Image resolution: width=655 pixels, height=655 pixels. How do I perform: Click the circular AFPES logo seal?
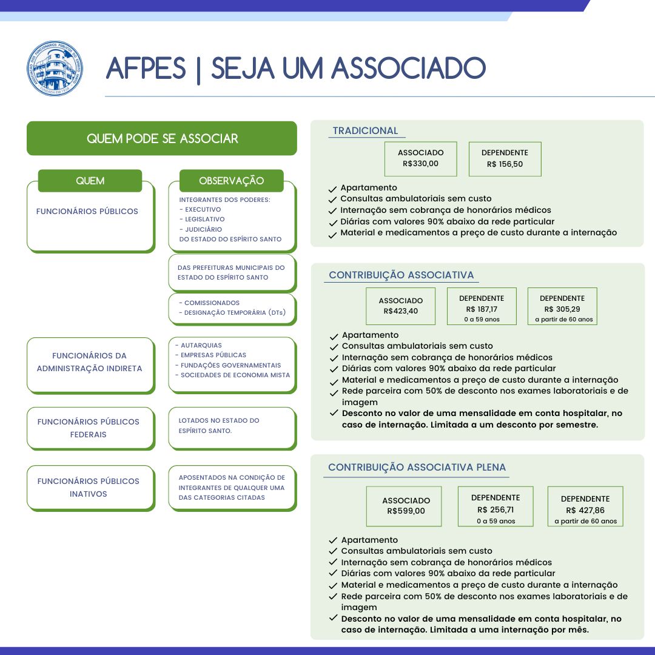coord(55,69)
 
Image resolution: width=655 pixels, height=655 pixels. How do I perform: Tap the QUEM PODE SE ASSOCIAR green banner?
coord(162,138)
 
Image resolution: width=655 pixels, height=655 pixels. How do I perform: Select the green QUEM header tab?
coord(90,181)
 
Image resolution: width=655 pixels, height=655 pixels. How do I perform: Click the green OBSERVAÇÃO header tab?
coord(232,181)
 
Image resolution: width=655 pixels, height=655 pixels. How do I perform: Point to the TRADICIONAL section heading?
coord(365,131)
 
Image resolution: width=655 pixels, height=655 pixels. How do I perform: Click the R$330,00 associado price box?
coord(421,159)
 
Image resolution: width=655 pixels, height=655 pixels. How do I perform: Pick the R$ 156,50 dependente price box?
coord(505,159)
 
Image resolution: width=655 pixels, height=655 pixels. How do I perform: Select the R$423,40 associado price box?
coord(401,306)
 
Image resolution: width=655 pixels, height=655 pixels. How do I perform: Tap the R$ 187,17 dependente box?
coord(482,306)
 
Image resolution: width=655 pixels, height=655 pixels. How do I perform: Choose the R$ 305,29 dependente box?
coord(562,306)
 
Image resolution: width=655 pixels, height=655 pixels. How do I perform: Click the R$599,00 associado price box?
coord(404,506)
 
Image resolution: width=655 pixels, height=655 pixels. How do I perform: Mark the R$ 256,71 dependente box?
coord(495,506)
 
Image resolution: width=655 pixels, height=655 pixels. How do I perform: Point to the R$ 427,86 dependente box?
coord(585,506)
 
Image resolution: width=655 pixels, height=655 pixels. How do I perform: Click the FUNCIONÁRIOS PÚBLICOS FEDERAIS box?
coord(90,428)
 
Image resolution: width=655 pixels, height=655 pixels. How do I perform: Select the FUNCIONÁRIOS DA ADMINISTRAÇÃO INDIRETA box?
coord(90,365)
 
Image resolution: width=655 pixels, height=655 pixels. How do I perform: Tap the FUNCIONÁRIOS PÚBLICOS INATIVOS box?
coord(90,488)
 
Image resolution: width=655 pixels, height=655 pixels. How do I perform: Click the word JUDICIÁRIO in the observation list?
coord(203,229)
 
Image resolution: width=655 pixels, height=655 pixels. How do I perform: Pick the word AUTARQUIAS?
coord(201,346)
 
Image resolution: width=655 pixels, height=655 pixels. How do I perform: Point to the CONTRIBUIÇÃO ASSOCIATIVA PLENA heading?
coord(417,467)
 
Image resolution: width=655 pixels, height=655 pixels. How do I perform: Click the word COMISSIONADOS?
coord(212,303)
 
